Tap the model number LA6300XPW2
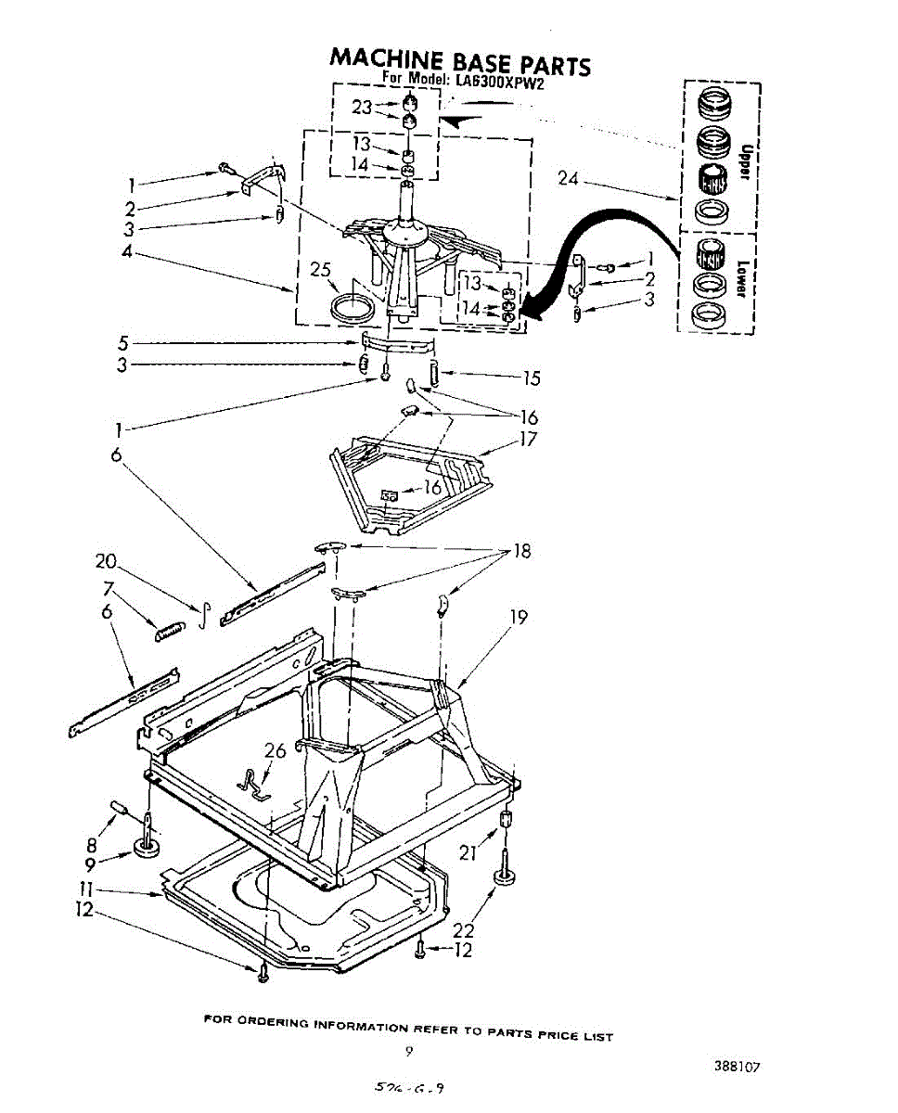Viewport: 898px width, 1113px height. pyautogui.click(x=499, y=81)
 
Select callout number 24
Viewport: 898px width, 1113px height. pyautogui.click(x=568, y=179)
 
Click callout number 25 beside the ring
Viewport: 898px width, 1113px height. pyautogui.click(x=320, y=270)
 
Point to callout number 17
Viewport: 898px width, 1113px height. pyautogui.click(x=528, y=439)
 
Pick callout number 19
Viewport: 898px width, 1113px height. pyautogui.click(x=519, y=617)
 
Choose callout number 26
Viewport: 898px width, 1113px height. pyautogui.click(x=275, y=751)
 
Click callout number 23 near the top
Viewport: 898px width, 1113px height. pyautogui.click(x=361, y=107)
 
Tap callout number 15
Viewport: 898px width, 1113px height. pyautogui.click(x=531, y=378)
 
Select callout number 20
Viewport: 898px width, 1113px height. pyautogui.click(x=107, y=560)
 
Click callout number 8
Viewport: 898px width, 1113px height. pyautogui.click(x=91, y=845)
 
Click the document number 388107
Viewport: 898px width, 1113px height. pyautogui.click(x=738, y=1067)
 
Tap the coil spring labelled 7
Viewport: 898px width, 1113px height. pyautogui.click(x=168, y=631)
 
